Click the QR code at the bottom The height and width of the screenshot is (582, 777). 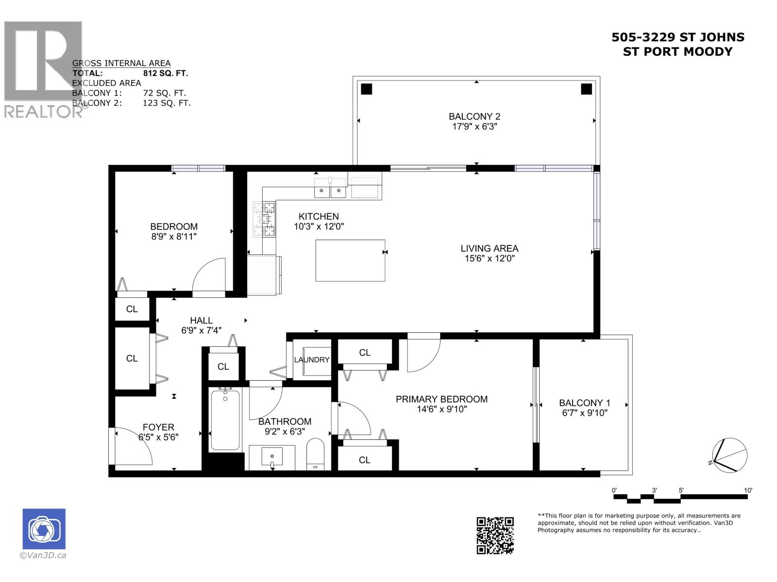(495, 535)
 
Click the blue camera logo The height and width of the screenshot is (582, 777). (44, 529)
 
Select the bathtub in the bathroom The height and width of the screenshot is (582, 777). (225, 420)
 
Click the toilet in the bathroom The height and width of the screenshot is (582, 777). (316, 453)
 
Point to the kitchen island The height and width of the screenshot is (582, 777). (350, 260)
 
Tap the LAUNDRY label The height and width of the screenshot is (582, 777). (312, 360)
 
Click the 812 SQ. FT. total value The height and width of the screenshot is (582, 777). (166, 73)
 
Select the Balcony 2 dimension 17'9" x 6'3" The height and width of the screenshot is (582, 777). (474, 127)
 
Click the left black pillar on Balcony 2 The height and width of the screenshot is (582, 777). (367, 89)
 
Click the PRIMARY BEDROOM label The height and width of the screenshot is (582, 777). (441, 399)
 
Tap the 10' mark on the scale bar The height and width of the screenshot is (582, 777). (748, 491)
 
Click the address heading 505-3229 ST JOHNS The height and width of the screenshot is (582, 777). (677, 37)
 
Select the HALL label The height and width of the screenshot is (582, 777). (201, 321)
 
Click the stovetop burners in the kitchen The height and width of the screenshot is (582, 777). (265, 220)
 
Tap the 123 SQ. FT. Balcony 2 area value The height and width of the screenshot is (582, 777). (167, 103)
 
